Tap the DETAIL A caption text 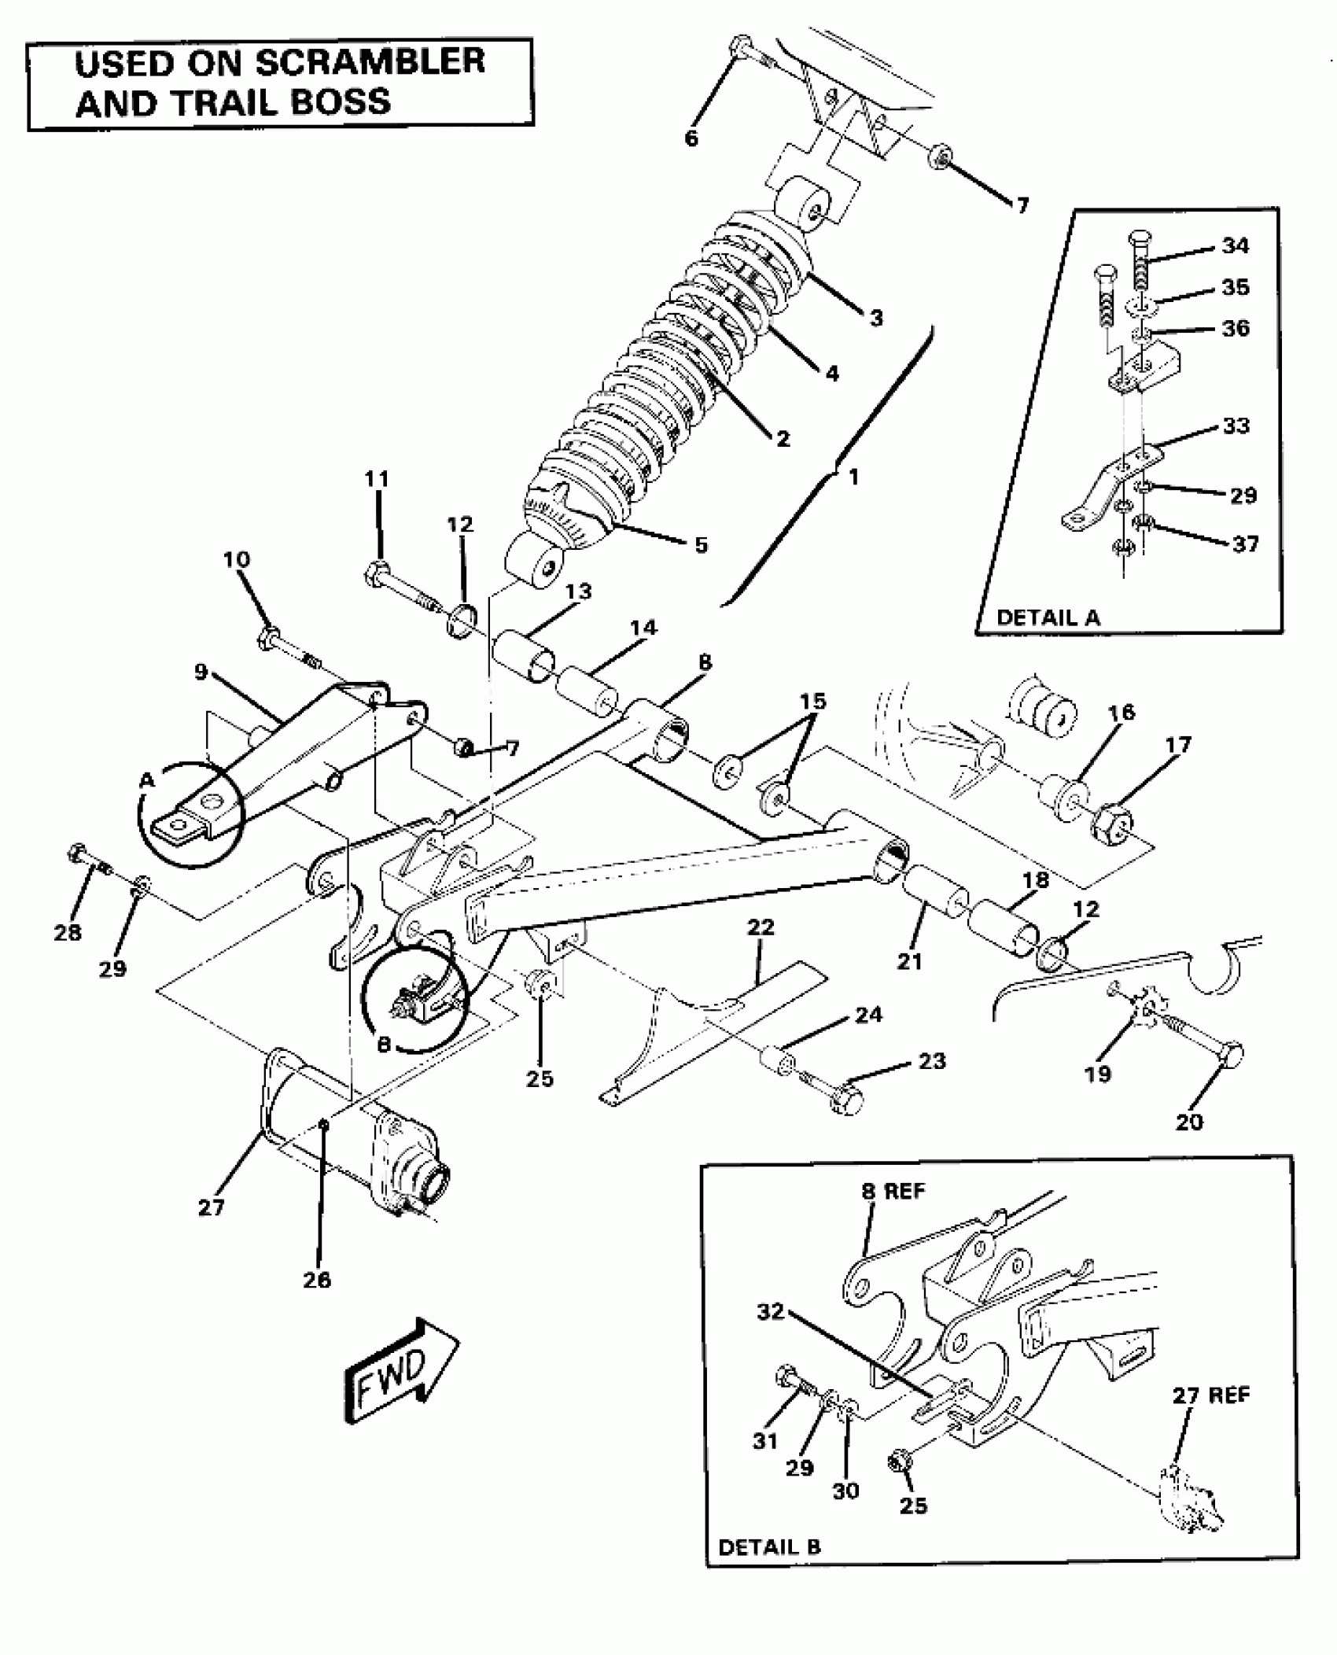(x=1048, y=617)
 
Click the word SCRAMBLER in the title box (x=370, y=62)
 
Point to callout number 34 (x=1236, y=246)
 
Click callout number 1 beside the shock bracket (x=853, y=477)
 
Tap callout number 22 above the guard (x=761, y=927)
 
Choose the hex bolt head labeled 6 (x=741, y=45)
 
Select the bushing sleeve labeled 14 (x=589, y=691)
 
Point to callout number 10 (x=236, y=559)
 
